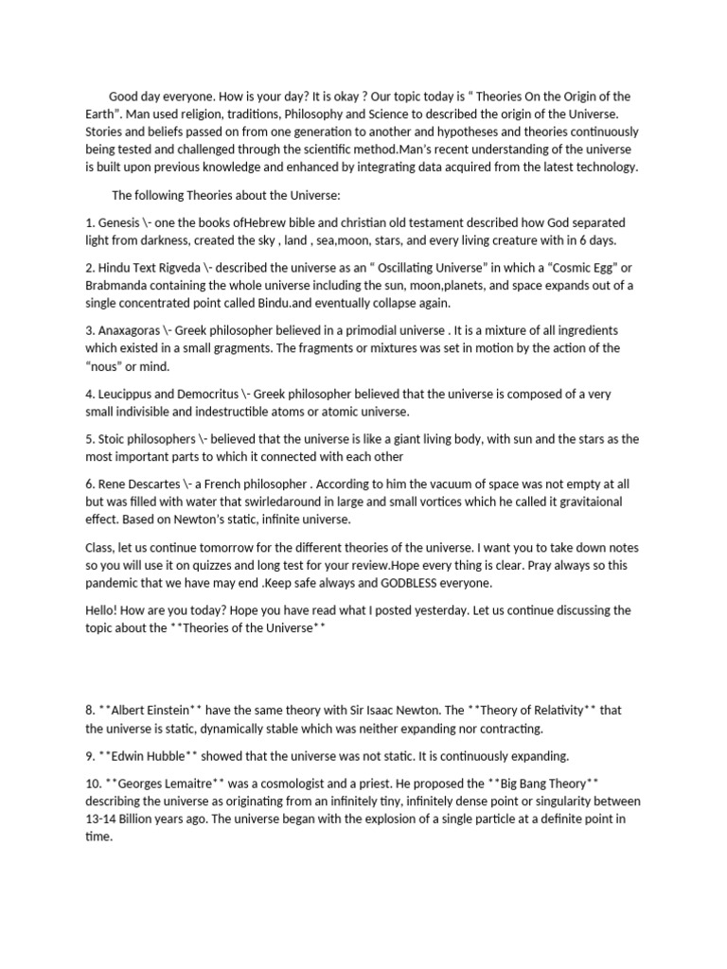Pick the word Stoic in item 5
116,439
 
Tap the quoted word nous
109,366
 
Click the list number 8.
89,710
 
